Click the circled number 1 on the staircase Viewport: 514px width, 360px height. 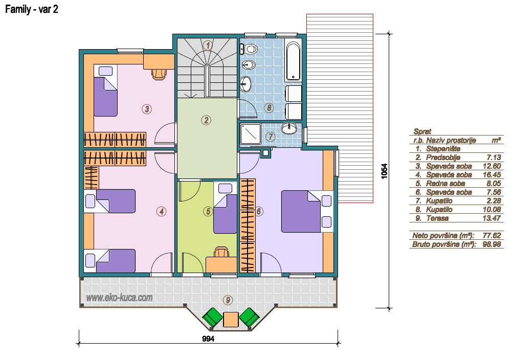pos(208,45)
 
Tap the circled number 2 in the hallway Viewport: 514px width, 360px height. pos(206,120)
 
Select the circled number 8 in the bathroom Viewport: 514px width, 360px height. pos(269,107)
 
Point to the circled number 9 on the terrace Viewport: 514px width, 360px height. pos(228,300)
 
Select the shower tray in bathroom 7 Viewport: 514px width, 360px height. pos(251,134)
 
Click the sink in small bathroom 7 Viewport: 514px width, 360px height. pos(289,128)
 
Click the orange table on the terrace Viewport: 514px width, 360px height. pos(231,319)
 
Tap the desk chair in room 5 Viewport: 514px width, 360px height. pos(221,252)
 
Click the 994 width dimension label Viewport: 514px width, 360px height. pos(208,339)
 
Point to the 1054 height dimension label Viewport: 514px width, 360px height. pos(385,171)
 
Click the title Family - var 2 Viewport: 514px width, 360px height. pos(32,9)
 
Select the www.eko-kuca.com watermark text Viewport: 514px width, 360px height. pos(119,298)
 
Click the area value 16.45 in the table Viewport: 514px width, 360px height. pos(491,175)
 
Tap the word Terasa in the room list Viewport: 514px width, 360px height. pos(437,218)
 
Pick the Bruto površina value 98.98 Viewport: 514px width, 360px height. pos(491,244)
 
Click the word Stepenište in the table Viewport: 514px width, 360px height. pos(443,149)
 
